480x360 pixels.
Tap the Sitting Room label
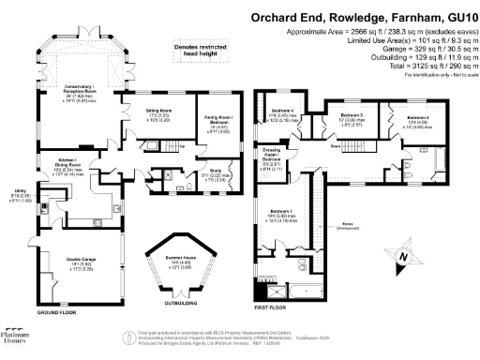pyautogui.click(x=157, y=114)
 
